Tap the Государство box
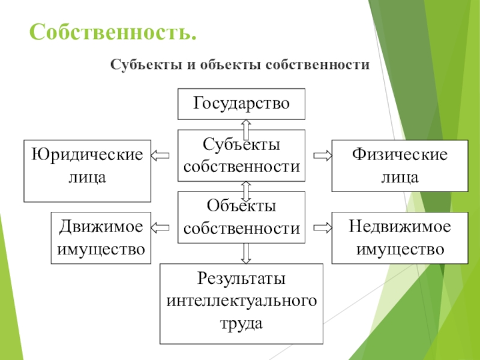pos(241,104)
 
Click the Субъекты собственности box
pos(241,155)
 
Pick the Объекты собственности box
pos(241,217)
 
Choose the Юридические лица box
pos(87,170)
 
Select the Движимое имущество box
pos(101,238)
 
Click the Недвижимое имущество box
pos(400,238)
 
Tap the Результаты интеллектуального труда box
pos(241,304)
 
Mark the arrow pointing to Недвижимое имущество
pos(323,227)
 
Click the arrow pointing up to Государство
pos(246,128)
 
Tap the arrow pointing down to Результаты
pos(246,253)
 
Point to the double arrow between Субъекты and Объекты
pos(246,190)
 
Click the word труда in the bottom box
pos(241,324)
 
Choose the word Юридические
pos(88,155)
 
